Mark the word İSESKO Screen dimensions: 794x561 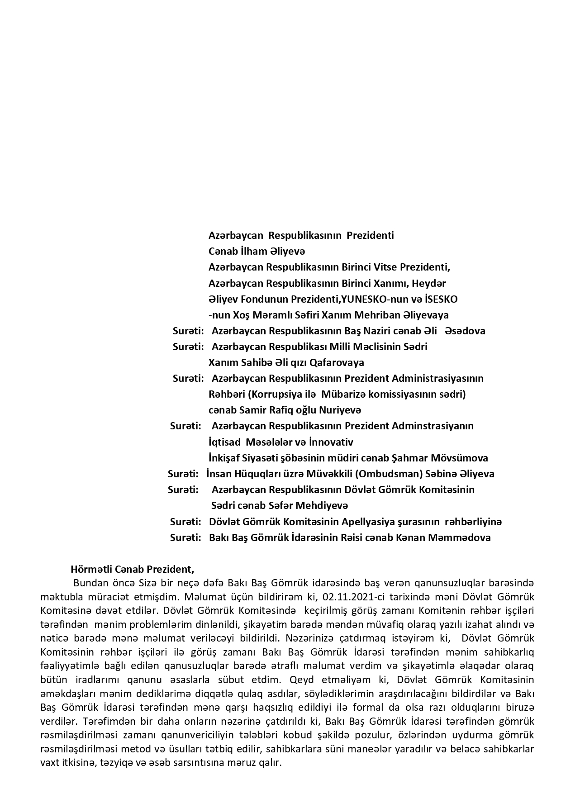(x=439, y=299)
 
